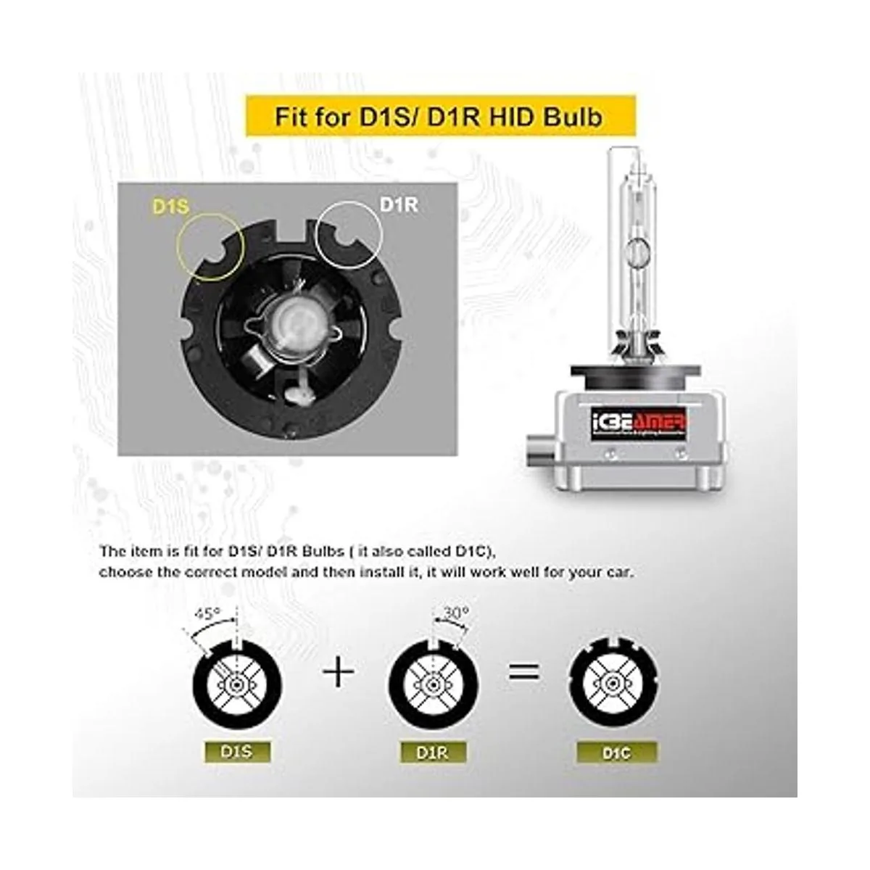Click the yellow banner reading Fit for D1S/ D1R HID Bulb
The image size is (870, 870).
click(x=439, y=116)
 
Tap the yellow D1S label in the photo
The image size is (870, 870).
click(x=171, y=207)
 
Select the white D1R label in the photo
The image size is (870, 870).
click(x=399, y=204)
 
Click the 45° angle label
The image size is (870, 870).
click(x=207, y=614)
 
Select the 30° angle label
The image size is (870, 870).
click(x=455, y=613)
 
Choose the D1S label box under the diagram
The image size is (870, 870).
click(x=238, y=752)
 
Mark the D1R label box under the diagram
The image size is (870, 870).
click(x=433, y=753)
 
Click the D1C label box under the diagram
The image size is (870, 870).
click(x=617, y=753)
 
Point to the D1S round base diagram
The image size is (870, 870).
click(x=237, y=682)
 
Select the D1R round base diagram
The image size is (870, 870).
click(x=434, y=682)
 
